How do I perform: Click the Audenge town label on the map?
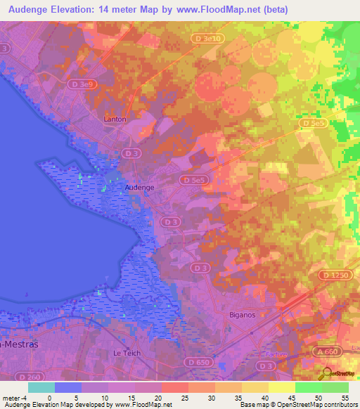[x=139, y=188]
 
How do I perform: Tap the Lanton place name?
[x=115, y=119]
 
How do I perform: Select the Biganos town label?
[x=243, y=315]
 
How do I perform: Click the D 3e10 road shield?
[x=208, y=38]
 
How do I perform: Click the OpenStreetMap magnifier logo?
[x=327, y=374]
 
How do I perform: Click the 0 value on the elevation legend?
[x=49, y=397]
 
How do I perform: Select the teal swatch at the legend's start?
[x=41, y=387]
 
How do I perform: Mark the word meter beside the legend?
[x=13, y=397]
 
